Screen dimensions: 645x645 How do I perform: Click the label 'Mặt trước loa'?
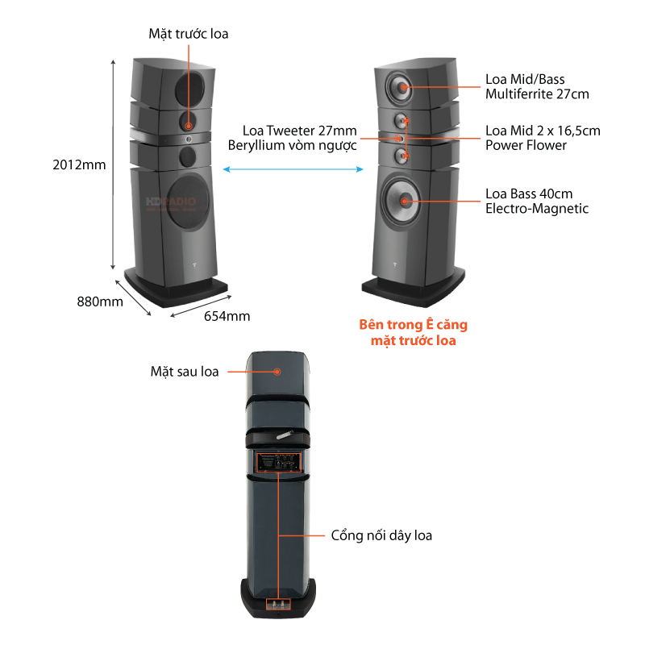tap(189, 33)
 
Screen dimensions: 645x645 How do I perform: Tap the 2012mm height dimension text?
tap(80, 164)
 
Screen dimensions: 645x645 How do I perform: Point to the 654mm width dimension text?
tap(227, 315)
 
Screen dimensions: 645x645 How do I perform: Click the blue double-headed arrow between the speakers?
tap(292, 169)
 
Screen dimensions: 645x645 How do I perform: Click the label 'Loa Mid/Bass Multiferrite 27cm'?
tap(536, 86)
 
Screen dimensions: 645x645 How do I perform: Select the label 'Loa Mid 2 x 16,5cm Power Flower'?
tap(542, 138)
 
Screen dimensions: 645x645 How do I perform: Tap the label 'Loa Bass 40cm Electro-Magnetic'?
tap(536, 202)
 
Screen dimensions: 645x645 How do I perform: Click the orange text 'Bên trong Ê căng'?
tap(413, 325)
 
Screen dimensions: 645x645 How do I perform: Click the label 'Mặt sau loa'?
tap(185, 372)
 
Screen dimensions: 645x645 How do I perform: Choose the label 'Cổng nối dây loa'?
tap(381, 535)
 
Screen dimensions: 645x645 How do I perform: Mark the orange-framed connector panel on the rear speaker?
tap(278, 463)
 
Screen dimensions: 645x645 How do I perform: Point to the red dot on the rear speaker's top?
tap(277, 372)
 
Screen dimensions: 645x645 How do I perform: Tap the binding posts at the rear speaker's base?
tap(277, 602)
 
